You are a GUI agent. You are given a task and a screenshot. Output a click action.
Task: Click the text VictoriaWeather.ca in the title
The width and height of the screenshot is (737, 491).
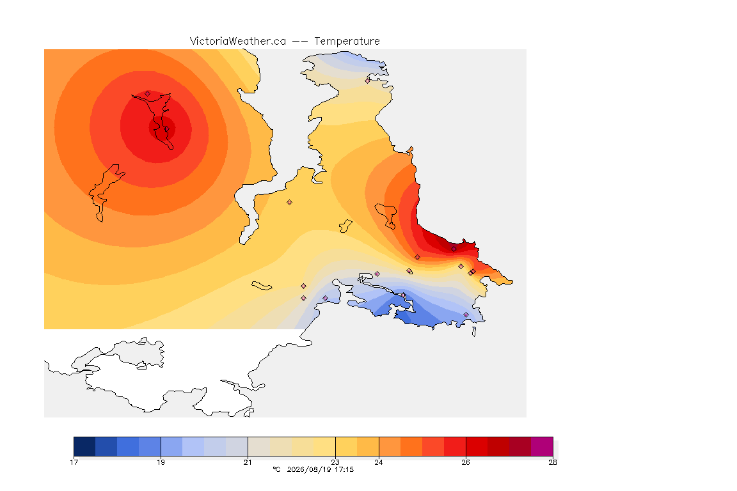click(x=238, y=42)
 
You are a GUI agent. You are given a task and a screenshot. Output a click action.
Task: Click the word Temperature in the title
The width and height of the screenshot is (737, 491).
click(x=347, y=42)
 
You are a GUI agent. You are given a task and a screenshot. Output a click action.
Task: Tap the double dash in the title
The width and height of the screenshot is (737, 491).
click(x=300, y=42)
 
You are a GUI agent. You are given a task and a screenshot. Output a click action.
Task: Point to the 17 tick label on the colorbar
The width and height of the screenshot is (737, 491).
click(x=74, y=462)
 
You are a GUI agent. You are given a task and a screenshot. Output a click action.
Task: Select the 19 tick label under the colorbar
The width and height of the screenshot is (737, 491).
click(x=161, y=462)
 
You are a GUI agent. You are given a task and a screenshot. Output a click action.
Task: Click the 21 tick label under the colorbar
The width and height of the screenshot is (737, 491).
click(x=248, y=462)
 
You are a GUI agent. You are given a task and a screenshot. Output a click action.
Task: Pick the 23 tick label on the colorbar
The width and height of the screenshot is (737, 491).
click(x=335, y=462)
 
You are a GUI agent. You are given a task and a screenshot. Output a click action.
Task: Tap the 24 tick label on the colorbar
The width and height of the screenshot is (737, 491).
click(x=378, y=462)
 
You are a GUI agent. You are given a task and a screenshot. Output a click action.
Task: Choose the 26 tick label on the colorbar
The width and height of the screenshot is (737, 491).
click(x=466, y=462)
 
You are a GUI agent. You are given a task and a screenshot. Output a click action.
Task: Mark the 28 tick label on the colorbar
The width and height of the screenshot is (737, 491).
click(x=553, y=462)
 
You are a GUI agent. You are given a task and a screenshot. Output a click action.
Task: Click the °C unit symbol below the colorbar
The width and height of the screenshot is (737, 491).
click(x=276, y=469)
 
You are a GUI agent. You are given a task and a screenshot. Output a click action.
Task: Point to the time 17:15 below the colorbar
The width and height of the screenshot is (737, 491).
click(x=344, y=469)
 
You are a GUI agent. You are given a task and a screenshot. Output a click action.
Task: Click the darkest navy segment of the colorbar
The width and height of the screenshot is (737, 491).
click(x=84, y=446)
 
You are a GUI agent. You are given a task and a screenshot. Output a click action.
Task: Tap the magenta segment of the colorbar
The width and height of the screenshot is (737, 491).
click(x=542, y=446)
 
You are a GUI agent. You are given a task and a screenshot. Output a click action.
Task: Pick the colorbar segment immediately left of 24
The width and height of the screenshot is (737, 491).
click(x=368, y=446)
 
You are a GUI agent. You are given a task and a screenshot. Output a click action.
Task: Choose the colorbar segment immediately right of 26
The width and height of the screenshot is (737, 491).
click(x=477, y=446)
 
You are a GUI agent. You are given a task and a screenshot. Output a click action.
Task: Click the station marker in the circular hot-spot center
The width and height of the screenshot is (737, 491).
click(x=166, y=129)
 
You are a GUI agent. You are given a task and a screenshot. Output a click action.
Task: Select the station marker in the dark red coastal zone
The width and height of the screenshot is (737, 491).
click(x=454, y=249)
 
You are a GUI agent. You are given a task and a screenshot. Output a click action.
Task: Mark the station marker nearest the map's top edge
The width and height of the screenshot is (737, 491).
click(x=368, y=81)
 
